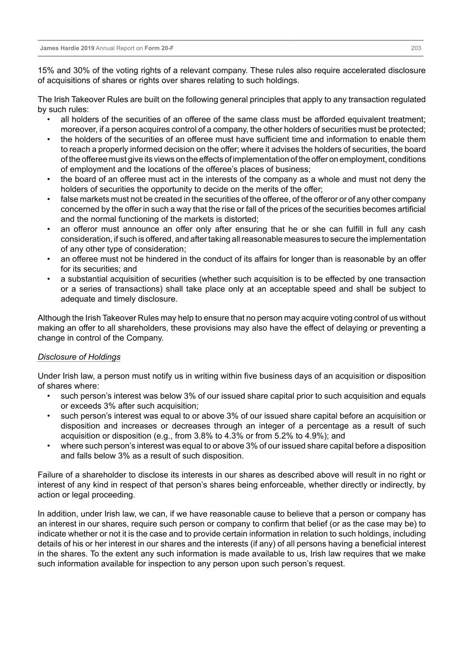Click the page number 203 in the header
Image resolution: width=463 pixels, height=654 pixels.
click(x=416, y=48)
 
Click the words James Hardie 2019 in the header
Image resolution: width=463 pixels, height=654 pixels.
click(x=67, y=48)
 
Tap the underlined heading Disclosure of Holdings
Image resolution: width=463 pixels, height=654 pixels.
click(x=79, y=357)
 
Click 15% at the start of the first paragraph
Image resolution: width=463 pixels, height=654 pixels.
click(x=46, y=70)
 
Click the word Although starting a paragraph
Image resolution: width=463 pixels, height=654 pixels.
click(x=54, y=318)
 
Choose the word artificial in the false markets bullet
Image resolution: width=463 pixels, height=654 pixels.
click(x=410, y=209)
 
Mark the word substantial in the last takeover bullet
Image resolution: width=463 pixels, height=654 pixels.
click(x=91, y=279)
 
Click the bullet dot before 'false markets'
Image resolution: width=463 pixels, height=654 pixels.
click(x=49, y=199)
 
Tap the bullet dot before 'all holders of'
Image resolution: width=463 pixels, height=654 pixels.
click(x=49, y=119)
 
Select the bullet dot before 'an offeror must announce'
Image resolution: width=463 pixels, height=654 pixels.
click(x=49, y=229)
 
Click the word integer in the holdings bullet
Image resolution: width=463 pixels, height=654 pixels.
click(x=262, y=426)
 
